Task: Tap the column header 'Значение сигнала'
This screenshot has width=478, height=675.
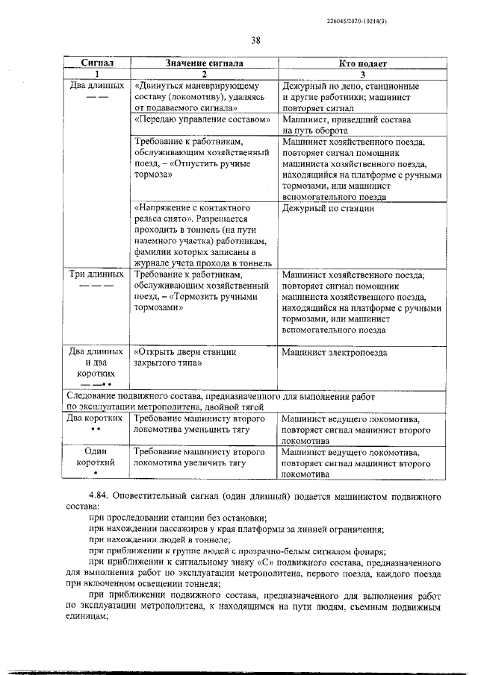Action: coord(204,65)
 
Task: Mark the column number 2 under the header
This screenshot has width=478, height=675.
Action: coord(203,75)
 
